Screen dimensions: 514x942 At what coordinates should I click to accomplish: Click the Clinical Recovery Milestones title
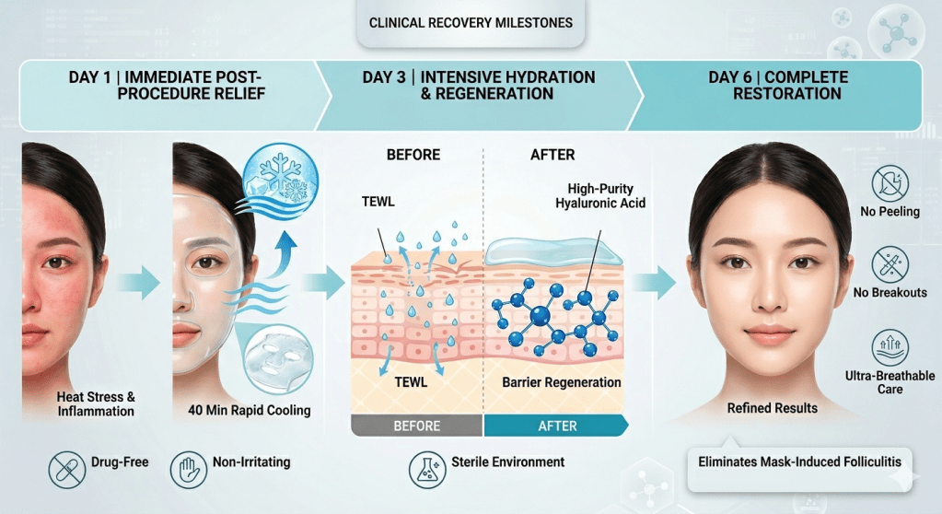[x=470, y=22]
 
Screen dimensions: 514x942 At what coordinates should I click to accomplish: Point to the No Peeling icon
[x=889, y=184]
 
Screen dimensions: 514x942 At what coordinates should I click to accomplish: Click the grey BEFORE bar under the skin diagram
[x=417, y=426]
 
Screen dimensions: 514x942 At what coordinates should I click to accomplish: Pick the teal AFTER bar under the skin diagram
[x=556, y=426]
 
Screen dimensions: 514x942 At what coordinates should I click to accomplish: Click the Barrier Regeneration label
[x=562, y=382]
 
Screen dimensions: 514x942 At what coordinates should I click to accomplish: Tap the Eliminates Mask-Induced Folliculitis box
[x=799, y=462]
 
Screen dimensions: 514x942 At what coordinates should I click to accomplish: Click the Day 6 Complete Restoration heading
[x=778, y=85]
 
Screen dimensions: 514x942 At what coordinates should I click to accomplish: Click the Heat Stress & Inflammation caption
[x=96, y=403]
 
